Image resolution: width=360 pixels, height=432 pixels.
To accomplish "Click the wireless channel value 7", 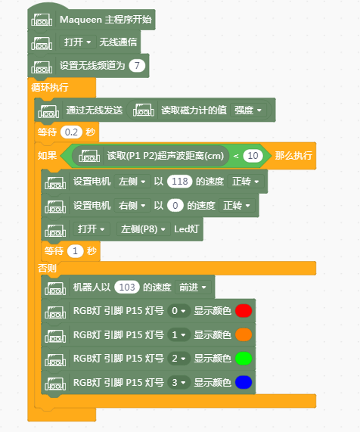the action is (137, 66).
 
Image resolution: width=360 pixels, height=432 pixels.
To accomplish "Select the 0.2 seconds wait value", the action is (71, 132).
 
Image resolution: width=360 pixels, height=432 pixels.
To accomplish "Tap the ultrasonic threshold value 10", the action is (253, 156).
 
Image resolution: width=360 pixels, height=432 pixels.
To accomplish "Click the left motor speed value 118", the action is (179, 182).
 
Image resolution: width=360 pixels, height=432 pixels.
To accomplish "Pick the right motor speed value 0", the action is (175, 206).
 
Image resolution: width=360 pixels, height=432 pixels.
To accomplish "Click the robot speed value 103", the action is (127, 287).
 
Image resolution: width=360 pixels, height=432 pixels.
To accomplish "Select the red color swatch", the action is (244, 311).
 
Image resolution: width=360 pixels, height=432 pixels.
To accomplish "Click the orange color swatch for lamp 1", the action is (244, 334).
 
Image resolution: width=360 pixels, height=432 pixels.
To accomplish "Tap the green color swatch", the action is (244, 359).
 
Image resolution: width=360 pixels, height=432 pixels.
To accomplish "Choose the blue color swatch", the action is (244, 382).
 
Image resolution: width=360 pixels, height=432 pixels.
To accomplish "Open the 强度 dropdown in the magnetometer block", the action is (248, 110).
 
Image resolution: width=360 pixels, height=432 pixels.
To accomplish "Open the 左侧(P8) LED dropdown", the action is (144, 229).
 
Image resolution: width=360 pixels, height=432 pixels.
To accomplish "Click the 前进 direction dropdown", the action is (193, 287).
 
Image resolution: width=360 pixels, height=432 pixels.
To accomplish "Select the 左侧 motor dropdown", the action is (132, 182).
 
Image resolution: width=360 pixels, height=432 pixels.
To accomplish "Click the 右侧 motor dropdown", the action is (132, 206).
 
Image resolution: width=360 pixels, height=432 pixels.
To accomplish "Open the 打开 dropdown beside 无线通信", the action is (78, 42).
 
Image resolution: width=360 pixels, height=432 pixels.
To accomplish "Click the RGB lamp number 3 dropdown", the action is (178, 382).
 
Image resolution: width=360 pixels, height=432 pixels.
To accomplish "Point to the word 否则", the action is (47, 268).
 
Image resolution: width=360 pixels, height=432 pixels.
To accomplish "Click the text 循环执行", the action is (50, 87).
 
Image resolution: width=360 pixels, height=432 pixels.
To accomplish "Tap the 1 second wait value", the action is (75, 251).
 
